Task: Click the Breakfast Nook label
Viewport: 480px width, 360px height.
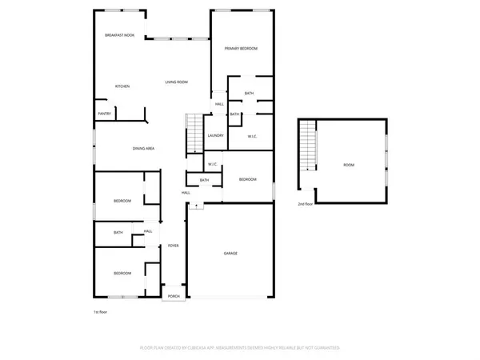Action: [119, 36]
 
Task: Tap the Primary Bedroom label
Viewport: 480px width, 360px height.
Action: [241, 49]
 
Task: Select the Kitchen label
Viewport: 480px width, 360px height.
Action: [122, 86]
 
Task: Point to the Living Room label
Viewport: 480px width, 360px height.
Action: [176, 82]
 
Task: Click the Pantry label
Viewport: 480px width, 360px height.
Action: [104, 114]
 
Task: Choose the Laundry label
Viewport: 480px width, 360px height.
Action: [215, 135]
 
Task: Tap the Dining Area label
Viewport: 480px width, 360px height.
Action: [143, 148]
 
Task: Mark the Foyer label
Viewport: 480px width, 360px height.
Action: [173, 246]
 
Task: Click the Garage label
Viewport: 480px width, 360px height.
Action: [230, 254]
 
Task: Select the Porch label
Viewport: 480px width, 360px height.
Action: [174, 297]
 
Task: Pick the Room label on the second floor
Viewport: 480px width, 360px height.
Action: [349, 165]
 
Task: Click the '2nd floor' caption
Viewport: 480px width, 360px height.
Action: [305, 205]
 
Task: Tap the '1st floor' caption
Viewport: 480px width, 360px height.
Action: [101, 311]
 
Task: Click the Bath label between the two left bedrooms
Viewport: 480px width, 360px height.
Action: [118, 233]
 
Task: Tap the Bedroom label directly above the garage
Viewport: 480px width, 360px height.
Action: [248, 179]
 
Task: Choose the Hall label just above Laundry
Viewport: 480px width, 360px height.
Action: [219, 104]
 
